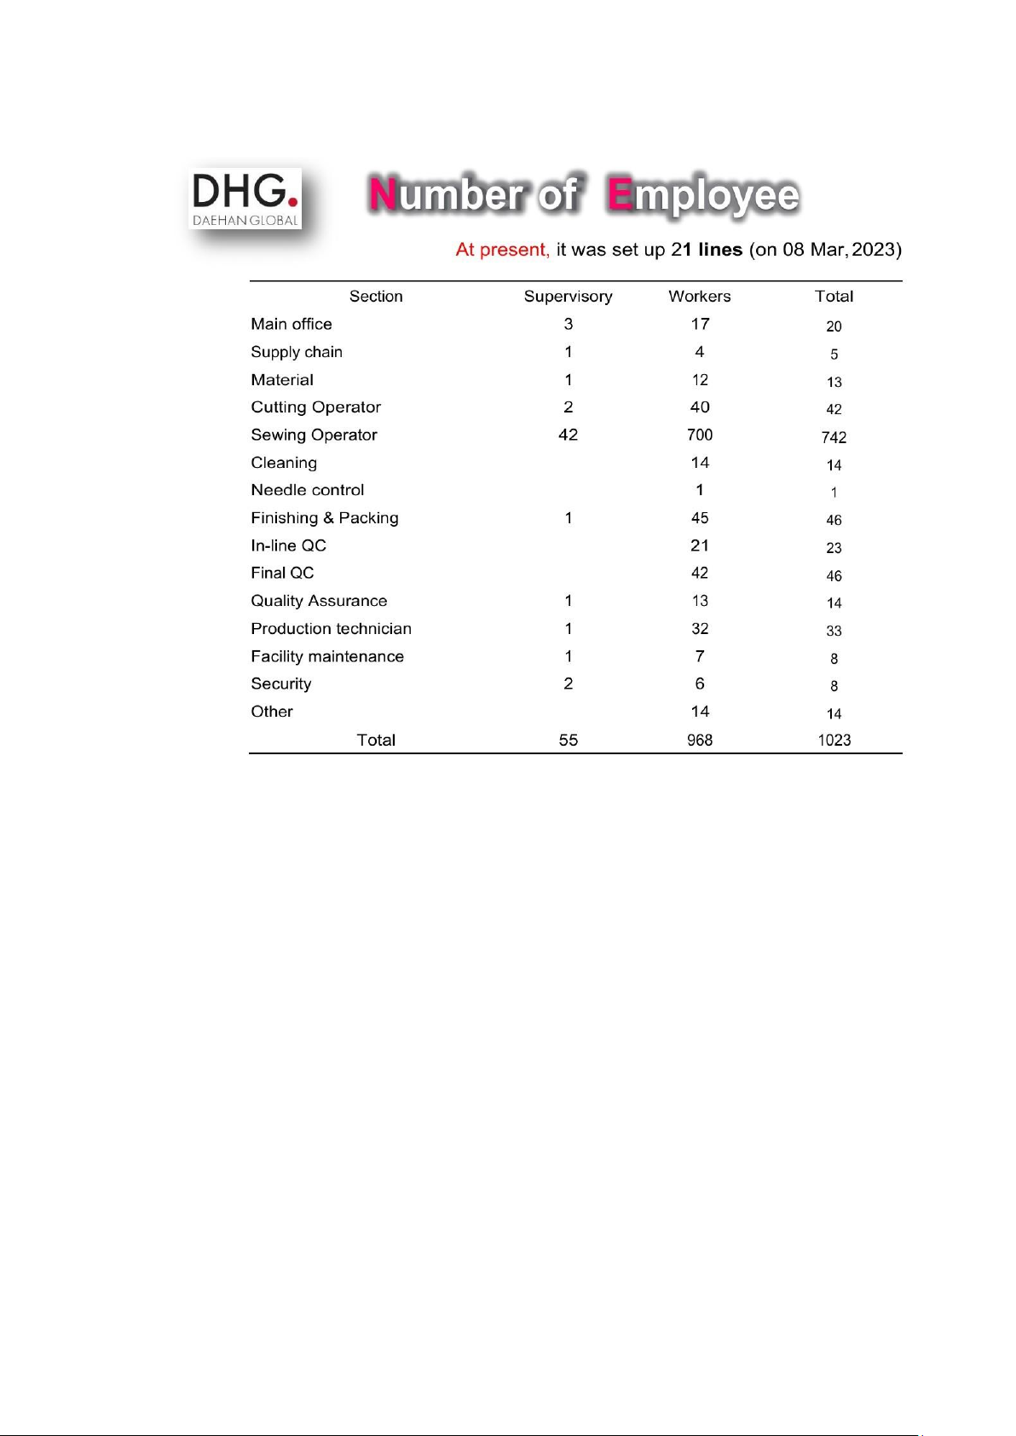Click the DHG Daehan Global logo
pyautogui.click(x=245, y=199)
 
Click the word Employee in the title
pyautogui.click(x=704, y=195)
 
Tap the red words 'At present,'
pyautogui.click(x=502, y=250)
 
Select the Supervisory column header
pyautogui.click(x=568, y=297)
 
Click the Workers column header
pyautogui.click(x=699, y=297)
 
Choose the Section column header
pyautogui.click(x=376, y=297)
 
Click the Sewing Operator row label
pyautogui.click(x=314, y=435)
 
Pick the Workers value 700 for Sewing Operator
pyautogui.click(x=700, y=435)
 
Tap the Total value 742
pyautogui.click(x=834, y=437)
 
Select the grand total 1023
pyautogui.click(x=834, y=740)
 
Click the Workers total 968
pyautogui.click(x=700, y=740)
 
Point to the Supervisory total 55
pyautogui.click(x=569, y=740)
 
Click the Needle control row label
pyautogui.click(x=307, y=490)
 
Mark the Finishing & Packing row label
pyautogui.click(x=324, y=518)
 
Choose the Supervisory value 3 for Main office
pyautogui.click(x=569, y=324)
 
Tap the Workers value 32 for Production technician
pyautogui.click(x=700, y=629)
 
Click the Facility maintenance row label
pyautogui.click(x=327, y=656)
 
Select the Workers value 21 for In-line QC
pyautogui.click(x=700, y=545)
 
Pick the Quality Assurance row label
pyautogui.click(x=319, y=601)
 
